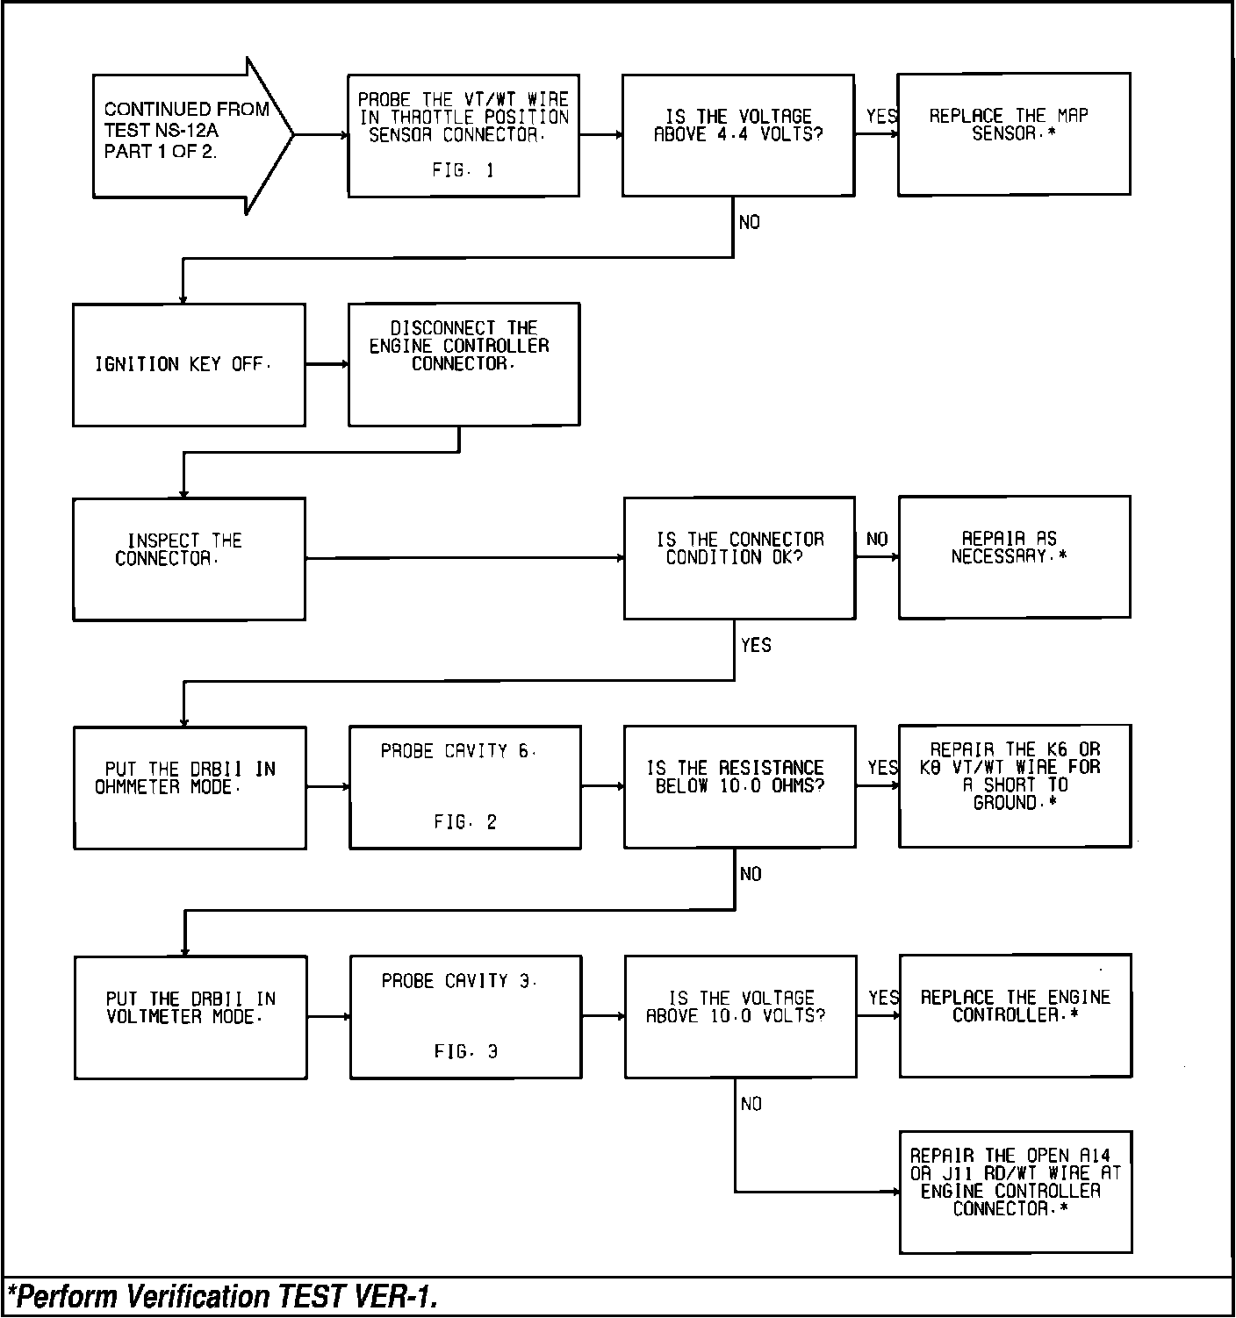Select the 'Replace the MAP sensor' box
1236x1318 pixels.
point(1013,134)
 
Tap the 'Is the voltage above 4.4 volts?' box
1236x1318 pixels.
point(738,134)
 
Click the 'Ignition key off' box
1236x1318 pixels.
point(189,365)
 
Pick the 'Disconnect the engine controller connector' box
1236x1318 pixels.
point(463,364)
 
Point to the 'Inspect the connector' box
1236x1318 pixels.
point(189,559)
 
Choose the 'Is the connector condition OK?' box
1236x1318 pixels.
point(739,558)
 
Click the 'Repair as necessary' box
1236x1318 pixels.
point(1014,557)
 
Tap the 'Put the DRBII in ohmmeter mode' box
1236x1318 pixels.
point(190,788)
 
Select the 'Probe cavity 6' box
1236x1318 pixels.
point(465,787)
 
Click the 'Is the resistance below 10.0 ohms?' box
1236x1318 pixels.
point(739,786)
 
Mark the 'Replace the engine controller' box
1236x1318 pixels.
point(1015,1015)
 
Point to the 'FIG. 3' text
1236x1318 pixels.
point(466,1051)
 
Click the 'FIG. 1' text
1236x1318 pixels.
point(463,171)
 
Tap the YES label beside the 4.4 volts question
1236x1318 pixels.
point(881,116)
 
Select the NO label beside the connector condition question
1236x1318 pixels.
point(877,540)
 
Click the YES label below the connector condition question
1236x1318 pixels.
point(756,646)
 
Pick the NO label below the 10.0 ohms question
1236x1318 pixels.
point(751,875)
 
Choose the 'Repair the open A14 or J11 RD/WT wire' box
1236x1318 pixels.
point(1016,1192)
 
